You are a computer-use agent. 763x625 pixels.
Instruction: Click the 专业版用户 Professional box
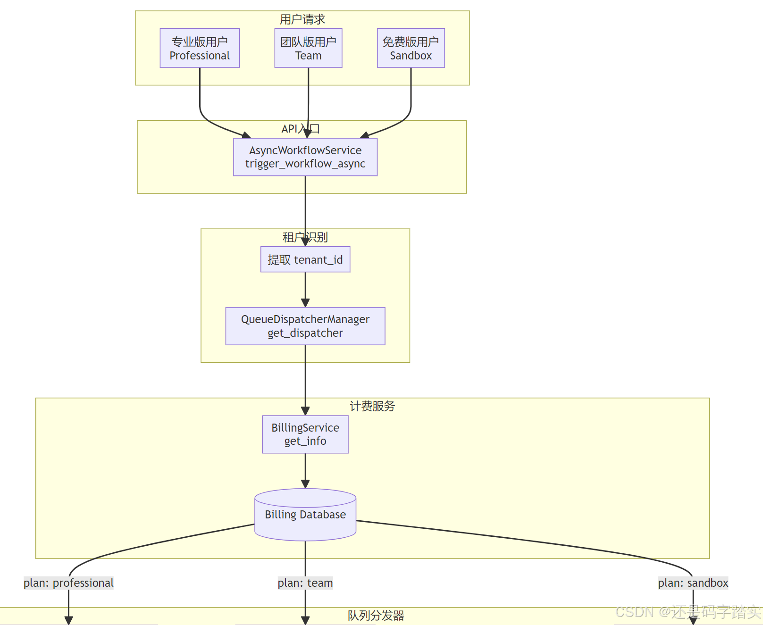[200, 48]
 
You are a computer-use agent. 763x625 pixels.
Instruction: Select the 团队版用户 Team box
[308, 48]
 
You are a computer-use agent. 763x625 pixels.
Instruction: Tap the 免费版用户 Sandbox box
[411, 48]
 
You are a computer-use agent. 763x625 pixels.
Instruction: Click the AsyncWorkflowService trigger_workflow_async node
[305, 157]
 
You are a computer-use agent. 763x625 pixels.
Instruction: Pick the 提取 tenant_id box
[305, 259]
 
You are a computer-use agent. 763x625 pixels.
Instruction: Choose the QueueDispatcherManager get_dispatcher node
[305, 326]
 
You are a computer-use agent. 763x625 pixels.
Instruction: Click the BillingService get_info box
[305, 434]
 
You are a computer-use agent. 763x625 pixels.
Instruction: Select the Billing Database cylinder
[305, 515]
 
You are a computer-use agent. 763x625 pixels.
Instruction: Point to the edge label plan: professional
[68, 583]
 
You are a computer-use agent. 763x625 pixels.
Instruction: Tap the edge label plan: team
[305, 583]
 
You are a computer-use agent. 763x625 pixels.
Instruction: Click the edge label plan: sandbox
[693, 583]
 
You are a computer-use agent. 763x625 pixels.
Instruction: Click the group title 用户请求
[302, 19]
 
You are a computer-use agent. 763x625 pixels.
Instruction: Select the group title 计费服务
[372, 406]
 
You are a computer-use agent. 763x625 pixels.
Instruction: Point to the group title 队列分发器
[376, 616]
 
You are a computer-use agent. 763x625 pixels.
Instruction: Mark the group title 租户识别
[305, 237]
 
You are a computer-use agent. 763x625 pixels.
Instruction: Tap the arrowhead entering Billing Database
[305, 484]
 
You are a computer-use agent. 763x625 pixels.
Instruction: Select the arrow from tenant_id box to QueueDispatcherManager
[305, 289]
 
